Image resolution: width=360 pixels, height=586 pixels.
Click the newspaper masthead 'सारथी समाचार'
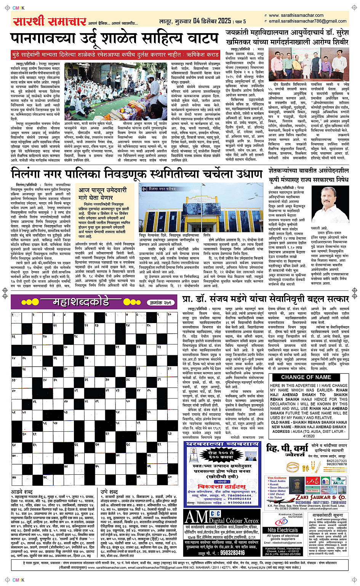click(49, 21)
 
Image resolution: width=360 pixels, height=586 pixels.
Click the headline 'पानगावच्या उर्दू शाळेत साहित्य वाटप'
click(115, 39)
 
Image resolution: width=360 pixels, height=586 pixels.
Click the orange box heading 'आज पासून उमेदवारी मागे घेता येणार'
click(102, 194)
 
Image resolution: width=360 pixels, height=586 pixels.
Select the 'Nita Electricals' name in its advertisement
click(283, 530)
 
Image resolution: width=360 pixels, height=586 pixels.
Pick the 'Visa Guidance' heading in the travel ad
click(277, 478)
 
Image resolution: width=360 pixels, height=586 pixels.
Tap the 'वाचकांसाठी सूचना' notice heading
click(328, 515)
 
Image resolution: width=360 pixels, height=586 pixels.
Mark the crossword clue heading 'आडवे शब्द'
click(22, 492)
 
